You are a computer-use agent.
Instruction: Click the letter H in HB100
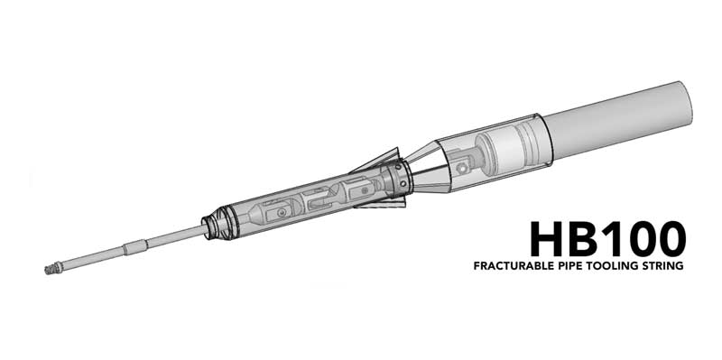click(x=547, y=238)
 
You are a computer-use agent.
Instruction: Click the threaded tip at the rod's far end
click(x=51, y=269)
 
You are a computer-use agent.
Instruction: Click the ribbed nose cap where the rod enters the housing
click(x=217, y=223)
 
